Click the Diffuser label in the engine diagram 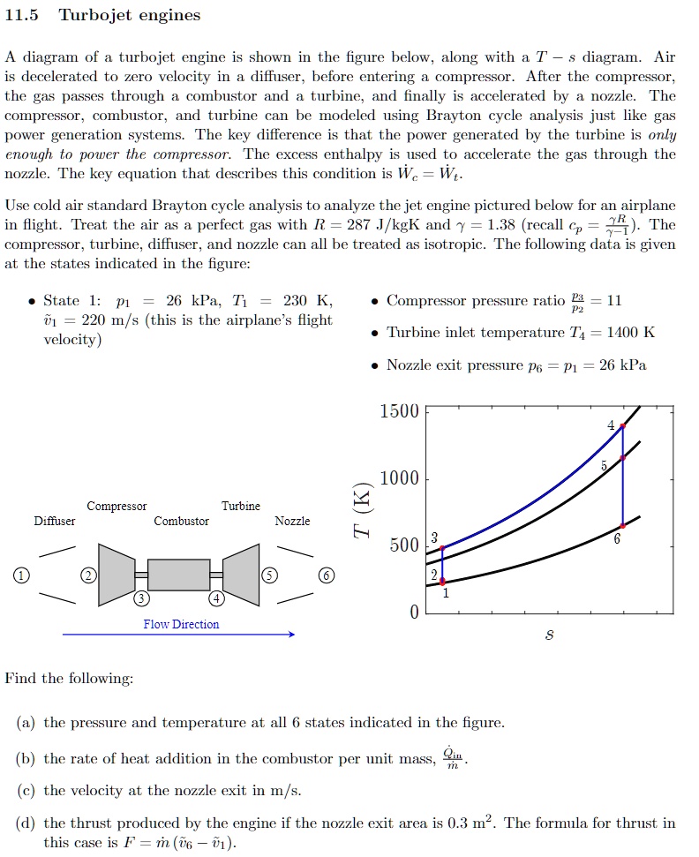(55, 521)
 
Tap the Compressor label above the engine (116, 506)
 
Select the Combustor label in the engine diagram (181, 521)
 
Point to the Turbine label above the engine (241, 506)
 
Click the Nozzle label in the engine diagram (292, 521)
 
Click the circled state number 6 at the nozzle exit (327, 575)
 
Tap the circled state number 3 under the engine (141, 600)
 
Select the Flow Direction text (181, 624)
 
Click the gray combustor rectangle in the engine (179, 575)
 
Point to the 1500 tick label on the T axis (399, 412)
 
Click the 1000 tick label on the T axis (399, 479)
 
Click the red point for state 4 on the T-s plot (623, 426)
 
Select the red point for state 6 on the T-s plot (623, 525)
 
